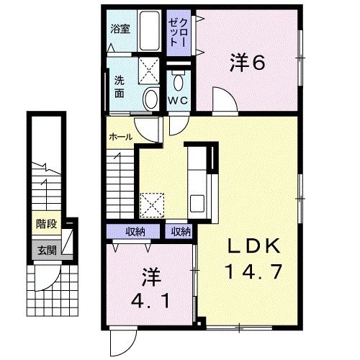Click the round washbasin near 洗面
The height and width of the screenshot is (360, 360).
click(x=150, y=99)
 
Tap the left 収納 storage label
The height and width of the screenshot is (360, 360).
click(x=135, y=231)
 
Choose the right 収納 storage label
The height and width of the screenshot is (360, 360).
click(x=181, y=231)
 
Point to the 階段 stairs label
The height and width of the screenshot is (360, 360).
click(x=47, y=224)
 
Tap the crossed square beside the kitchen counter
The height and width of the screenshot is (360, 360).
click(x=152, y=204)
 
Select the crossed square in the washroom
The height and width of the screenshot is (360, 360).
click(x=150, y=70)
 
